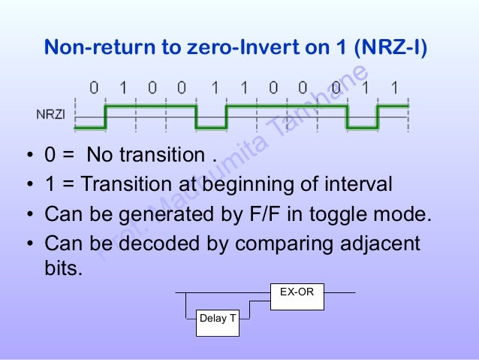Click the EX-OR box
tap(297, 296)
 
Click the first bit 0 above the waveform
tap(94, 88)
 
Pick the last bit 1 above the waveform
tap(395, 88)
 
